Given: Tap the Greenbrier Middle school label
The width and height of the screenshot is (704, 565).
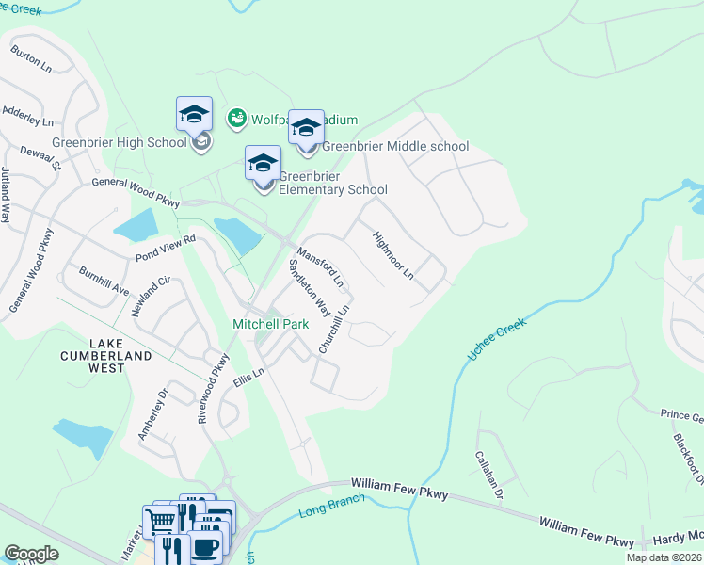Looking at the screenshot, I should point(394,146).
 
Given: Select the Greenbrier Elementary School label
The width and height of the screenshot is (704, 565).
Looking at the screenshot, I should point(332,182).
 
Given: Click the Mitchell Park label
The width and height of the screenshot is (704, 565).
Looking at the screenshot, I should point(271,324).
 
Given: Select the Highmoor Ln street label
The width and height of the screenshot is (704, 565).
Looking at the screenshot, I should point(392,256).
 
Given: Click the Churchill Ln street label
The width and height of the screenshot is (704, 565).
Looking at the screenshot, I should point(334,329).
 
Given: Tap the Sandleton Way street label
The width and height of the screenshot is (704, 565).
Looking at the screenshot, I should point(309,288).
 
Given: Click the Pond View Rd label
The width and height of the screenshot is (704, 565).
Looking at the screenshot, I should point(165,240).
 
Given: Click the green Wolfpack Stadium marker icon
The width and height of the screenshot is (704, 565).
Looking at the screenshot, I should point(236,119).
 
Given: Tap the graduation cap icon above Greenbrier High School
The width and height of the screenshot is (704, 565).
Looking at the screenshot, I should point(194,115).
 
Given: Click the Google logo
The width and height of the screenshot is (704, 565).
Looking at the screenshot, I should point(31,553).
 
